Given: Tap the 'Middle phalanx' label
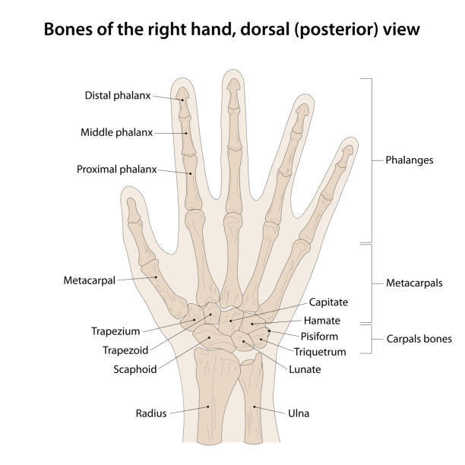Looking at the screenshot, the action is pyautogui.click(x=116, y=132).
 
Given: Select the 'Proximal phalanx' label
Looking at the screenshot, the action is pyautogui.click(x=116, y=169).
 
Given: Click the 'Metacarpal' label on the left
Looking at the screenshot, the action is pyautogui.click(x=90, y=280).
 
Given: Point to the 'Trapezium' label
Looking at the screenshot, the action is pyautogui.click(x=116, y=332).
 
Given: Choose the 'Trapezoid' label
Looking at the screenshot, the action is pyautogui.click(x=125, y=350).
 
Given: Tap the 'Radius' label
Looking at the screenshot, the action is pyautogui.click(x=151, y=413).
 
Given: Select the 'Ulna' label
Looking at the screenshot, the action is pyautogui.click(x=299, y=413).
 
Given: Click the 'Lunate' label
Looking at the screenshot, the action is pyautogui.click(x=305, y=369).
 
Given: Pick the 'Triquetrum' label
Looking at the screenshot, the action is pyautogui.click(x=320, y=352).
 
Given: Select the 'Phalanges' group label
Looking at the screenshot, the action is pyautogui.click(x=410, y=161).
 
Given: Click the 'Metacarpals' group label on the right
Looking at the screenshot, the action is pyautogui.click(x=413, y=283).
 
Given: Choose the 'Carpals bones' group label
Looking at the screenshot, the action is pyautogui.click(x=419, y=339).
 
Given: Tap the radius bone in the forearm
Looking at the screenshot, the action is pyautogui.click(x=210, y=395).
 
